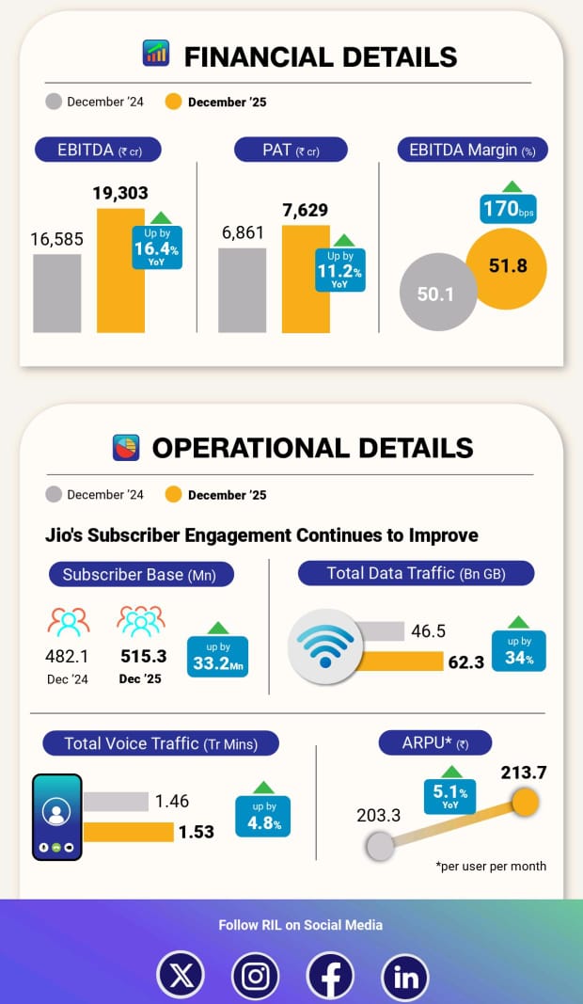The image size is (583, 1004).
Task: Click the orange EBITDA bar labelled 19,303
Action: [121, 270]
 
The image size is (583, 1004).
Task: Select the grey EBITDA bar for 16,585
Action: [57, 293]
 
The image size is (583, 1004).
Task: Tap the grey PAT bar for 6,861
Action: [243, 290]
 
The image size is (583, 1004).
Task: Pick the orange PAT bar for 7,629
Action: [306, 279]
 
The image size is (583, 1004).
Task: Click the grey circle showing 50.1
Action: [435, 294]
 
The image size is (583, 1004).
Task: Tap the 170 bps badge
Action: [508, 208]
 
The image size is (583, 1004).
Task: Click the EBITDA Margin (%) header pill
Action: [473, 150]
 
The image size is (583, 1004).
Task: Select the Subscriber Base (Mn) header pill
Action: [141, 574]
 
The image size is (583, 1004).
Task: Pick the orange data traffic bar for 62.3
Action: [387, 661]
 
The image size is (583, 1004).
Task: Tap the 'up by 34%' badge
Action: [519, 650]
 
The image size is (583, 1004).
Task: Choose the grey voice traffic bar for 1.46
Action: [116, 802]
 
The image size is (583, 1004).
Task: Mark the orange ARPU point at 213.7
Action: [524, 803]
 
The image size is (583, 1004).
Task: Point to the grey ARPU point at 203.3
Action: [380, 846]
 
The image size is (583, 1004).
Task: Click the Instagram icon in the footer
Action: [256, 976]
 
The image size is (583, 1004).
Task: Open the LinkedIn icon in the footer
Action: [405, 977]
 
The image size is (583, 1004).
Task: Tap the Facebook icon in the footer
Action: [331, 977]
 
